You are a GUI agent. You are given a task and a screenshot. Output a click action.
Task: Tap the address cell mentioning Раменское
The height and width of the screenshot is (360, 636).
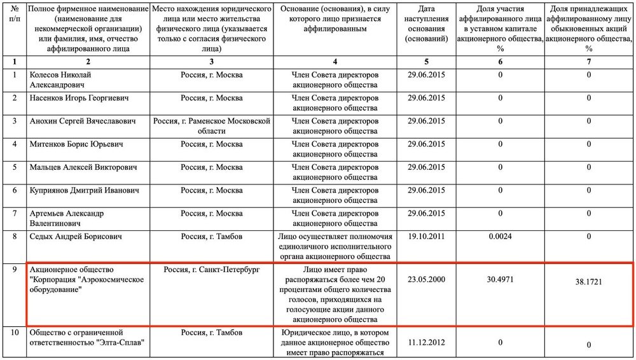(x=211, y=126)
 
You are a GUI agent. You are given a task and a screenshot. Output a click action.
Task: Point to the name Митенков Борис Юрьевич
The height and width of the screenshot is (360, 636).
(x=77, y=144)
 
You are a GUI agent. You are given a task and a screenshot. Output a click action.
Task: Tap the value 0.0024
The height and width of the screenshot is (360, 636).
(x=500, y=237)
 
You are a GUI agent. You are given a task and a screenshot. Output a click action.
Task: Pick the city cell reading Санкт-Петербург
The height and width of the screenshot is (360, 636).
(x=211, y=270)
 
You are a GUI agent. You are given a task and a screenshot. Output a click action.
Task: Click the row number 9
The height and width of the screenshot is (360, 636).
(x=14, y=270)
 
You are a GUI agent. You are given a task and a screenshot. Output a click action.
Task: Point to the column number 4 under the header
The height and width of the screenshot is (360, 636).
(x=335, y=62)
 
